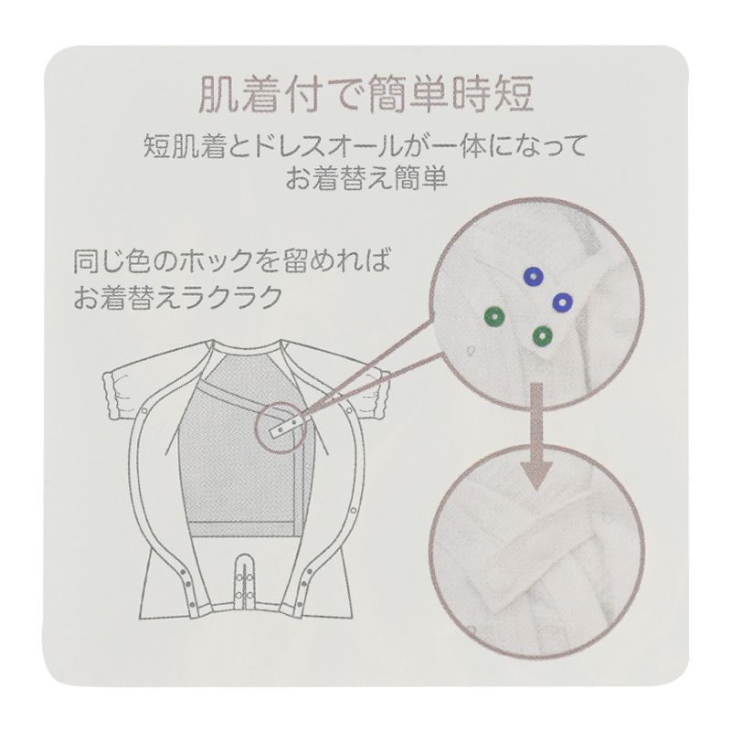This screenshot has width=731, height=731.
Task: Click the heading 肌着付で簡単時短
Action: [x=365, y=94]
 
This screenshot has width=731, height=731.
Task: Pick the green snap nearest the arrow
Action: [x=542, y=335]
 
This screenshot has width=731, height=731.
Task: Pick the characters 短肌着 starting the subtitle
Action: [x=175, y=145]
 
